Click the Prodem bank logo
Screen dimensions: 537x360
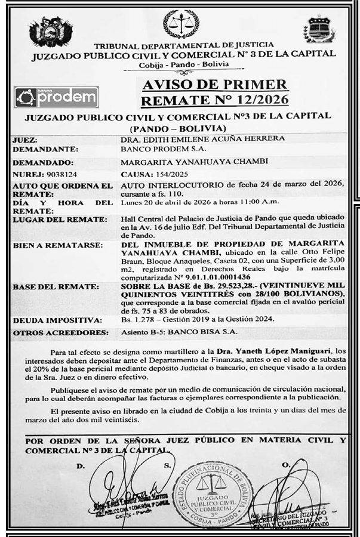coord(56,97)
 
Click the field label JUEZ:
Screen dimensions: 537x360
coord(24,139)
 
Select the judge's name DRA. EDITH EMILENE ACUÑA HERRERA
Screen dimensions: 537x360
coord(202,139)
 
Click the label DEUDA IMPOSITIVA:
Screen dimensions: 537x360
coord(54,321)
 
